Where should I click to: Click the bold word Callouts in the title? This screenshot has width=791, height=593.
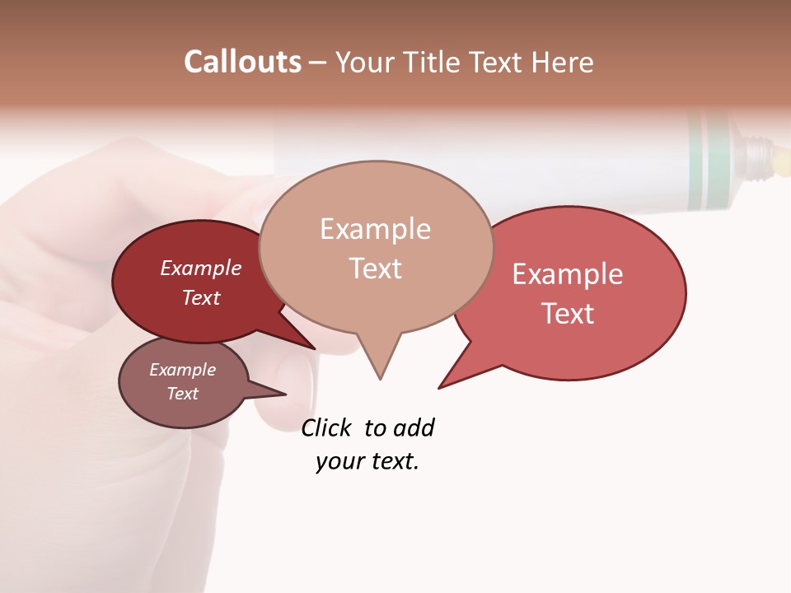tap(242, 62)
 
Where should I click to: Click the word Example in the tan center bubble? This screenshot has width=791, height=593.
tap(375, 229)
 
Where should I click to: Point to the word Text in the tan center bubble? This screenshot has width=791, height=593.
tap(375, 268)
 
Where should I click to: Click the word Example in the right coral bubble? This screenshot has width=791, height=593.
tap(568, 274)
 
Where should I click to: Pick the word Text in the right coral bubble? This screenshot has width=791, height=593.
tap(568, 314)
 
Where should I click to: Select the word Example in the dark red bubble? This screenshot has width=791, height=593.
tap(200, 268)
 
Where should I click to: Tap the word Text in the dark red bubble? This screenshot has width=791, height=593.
tap(200, 297)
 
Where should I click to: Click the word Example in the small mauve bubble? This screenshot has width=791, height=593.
tap(182, 370)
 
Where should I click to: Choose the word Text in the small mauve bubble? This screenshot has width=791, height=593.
tap(182, 394)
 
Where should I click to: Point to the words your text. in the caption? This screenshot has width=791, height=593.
tap(367, 462)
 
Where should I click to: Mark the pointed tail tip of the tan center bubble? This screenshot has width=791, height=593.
tap(380, 379)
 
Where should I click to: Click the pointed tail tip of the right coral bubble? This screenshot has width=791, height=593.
tap(439, 388)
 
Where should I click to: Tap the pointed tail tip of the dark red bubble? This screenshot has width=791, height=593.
tap(315, 348)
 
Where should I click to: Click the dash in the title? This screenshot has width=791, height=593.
tap(318, 63)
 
